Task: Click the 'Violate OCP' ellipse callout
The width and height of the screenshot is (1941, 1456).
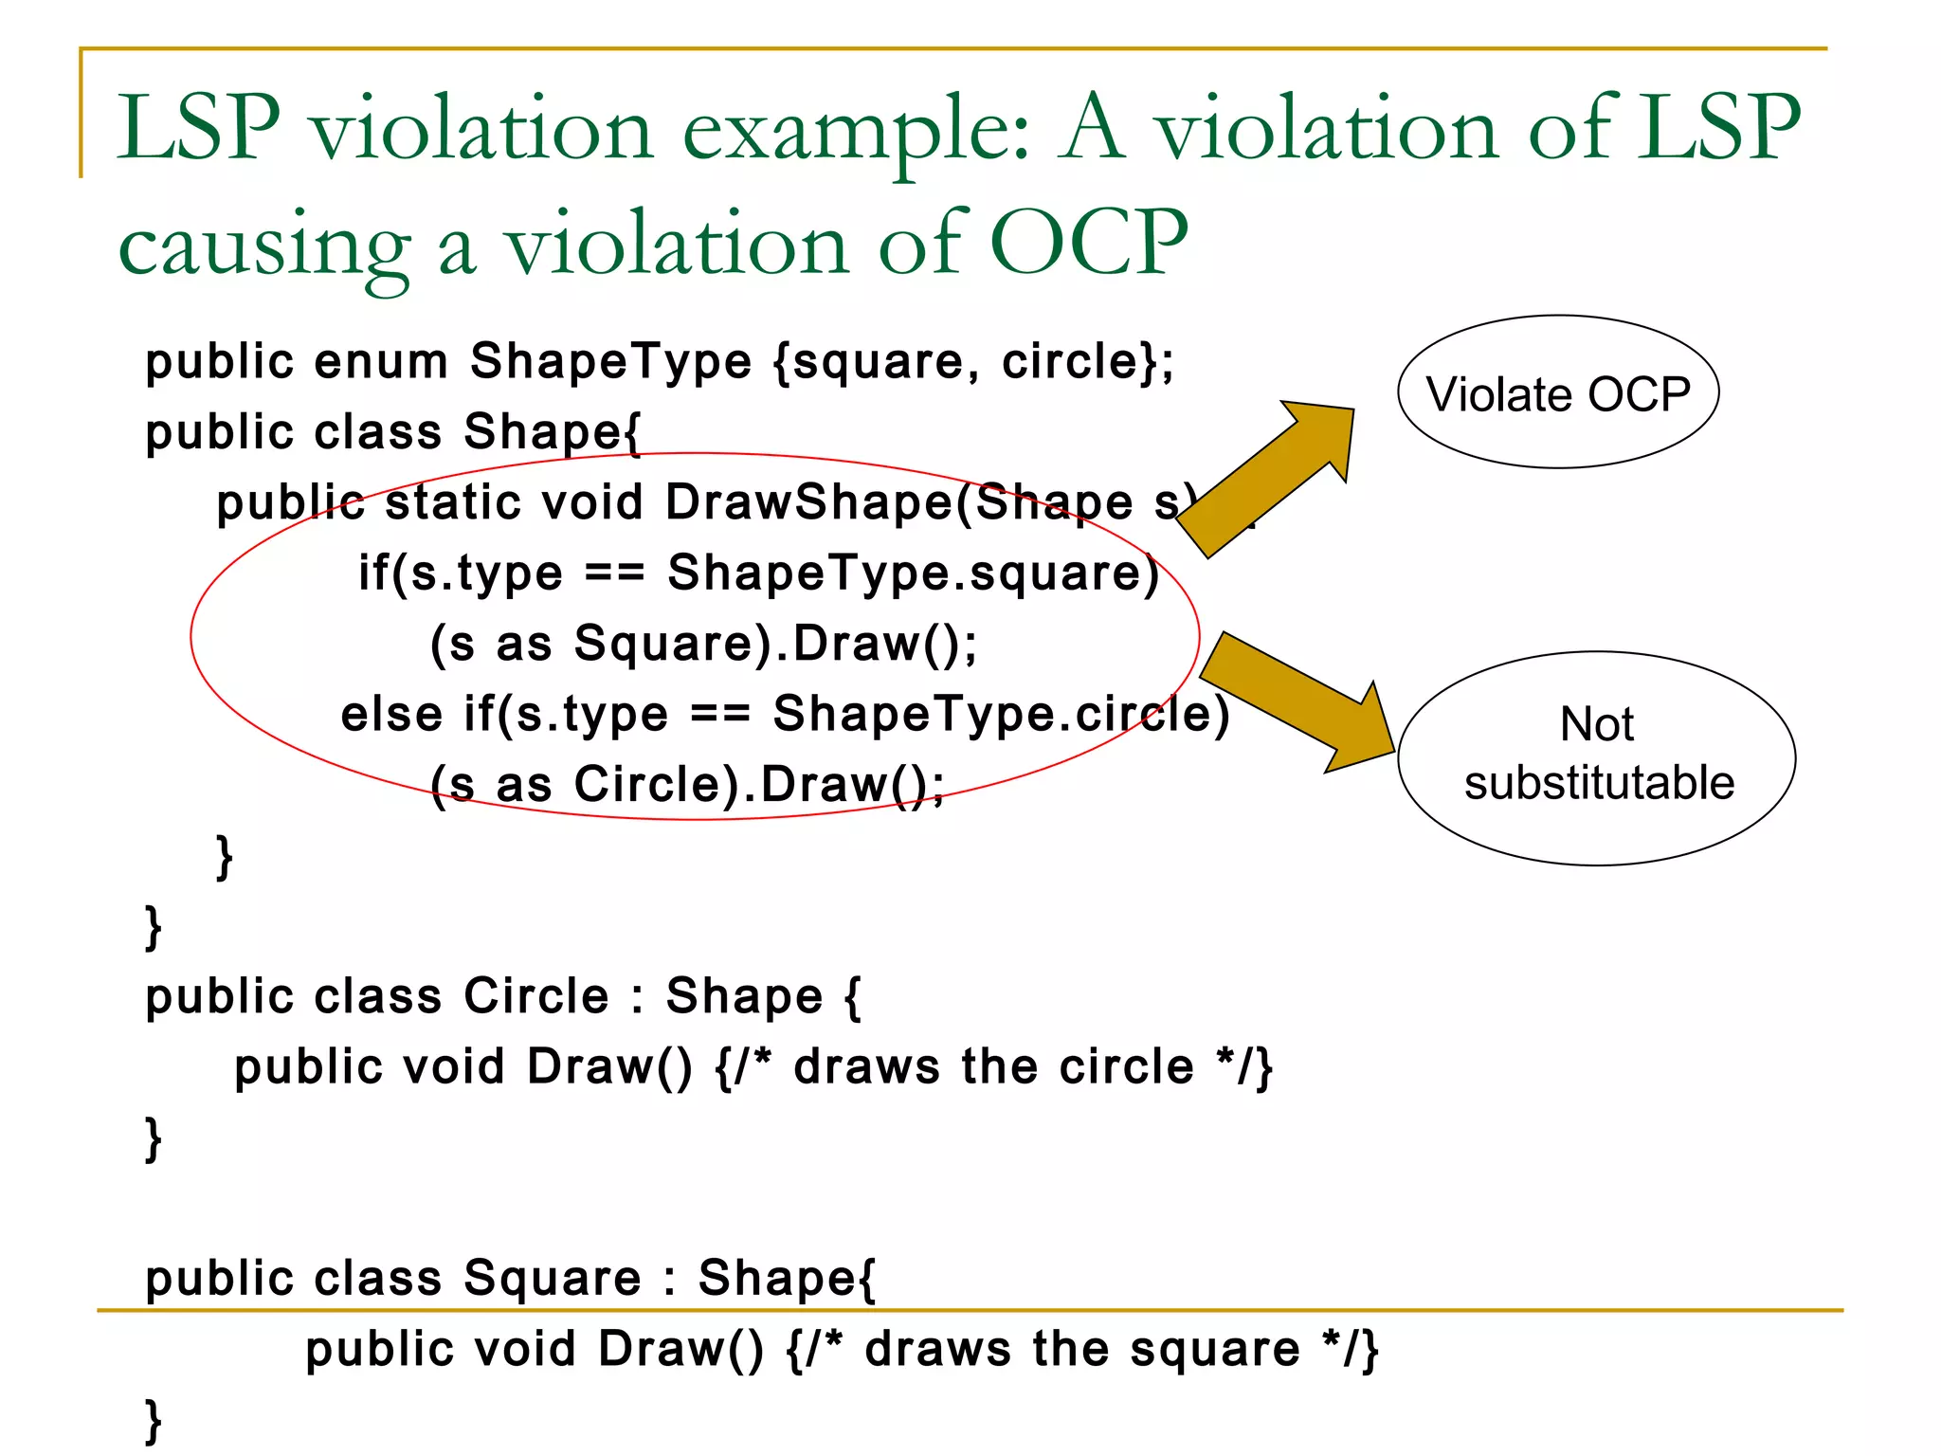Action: pyautogui.click(x=1557, y=392)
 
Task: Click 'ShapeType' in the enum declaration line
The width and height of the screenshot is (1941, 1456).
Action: pyautogui.click(x=611, y=362)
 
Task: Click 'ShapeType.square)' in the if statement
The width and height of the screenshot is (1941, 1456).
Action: pyautogui.click(x=914, y=573)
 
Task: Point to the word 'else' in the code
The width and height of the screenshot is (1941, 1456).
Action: pyautogui.click(x=391, y=714)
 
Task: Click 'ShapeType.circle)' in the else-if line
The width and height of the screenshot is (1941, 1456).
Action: pyautogui.click(x=1001, y=714)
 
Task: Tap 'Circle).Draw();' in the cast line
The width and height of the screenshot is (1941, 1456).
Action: pyautogui.click(x=759, y=785)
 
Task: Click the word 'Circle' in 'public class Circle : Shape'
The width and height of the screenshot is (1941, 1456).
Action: pyautogui.click(x=536, y=996)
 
